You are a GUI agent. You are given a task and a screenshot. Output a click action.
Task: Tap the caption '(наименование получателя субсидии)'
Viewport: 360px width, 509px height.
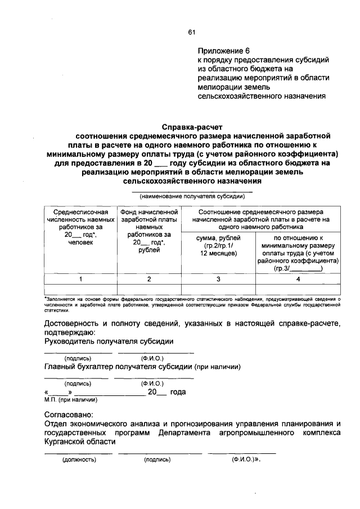pos(192,197)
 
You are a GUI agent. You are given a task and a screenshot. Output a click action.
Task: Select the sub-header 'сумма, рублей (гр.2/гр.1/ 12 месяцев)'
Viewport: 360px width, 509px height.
pos(218,246)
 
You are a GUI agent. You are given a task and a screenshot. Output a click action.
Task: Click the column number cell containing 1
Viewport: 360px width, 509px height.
pos(81,279)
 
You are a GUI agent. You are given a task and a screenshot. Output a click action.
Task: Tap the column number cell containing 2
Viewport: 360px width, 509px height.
pos(149,279)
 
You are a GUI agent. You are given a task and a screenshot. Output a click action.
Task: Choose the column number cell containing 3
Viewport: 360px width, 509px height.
pos(218,279)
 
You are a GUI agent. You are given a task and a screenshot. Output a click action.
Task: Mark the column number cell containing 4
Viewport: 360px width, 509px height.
pos(298,279)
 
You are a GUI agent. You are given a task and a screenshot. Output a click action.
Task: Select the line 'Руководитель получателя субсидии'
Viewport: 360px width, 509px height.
pos(109,341)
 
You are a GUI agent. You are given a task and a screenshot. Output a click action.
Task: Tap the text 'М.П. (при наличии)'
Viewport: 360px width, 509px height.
pos(70,400)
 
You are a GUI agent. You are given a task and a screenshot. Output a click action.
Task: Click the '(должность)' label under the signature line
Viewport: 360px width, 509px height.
pos(79,460)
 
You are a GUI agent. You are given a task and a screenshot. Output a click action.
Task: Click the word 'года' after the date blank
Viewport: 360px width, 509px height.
pos(177,392)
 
